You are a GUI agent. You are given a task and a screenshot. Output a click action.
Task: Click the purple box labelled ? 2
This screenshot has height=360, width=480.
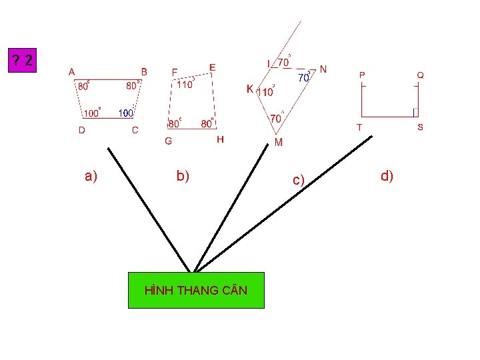click(x=24, y=61)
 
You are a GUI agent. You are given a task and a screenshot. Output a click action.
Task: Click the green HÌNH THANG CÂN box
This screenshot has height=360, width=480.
click(x=196, y=290)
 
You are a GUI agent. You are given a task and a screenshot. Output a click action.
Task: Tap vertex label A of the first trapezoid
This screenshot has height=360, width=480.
click(x=71, y=71)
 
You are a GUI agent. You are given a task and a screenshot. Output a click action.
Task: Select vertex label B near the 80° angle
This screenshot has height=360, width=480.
click(x=144, y=71)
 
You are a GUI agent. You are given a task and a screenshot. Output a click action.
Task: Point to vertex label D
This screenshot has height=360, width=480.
click(x=81, y=131)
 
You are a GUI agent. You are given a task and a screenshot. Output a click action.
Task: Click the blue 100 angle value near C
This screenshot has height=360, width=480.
click(x=125, y=113)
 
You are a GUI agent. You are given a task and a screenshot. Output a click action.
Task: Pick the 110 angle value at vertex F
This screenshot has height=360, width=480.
click(x=184, y=85)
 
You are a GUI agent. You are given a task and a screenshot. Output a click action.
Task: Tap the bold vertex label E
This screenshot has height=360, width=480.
click(x=213, y=68)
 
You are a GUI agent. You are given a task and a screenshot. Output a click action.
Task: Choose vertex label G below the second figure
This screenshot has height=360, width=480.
click(x=168, y=141)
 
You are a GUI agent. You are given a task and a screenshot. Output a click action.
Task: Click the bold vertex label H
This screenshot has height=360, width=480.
click(x=221, y=140)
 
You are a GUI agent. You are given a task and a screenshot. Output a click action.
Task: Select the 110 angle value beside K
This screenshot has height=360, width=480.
click(x=266, y=92)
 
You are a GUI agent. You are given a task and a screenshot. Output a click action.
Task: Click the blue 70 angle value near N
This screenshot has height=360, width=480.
click(x=303, y=77)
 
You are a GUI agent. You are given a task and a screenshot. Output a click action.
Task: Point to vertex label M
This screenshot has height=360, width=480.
click(x=279, y=142)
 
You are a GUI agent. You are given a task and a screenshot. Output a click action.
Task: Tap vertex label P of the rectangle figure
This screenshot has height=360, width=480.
click(x=362, y=75)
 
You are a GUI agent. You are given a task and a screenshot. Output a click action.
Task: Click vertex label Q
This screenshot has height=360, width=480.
click(x=420, y=75)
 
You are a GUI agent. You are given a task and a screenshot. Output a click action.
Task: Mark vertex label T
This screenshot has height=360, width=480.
click(x=359, y=127)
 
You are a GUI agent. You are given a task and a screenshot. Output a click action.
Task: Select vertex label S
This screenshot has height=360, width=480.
click(x=420, y=127)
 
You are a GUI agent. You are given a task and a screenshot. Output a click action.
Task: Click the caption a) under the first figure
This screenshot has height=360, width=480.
click(x=91, y=176)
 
